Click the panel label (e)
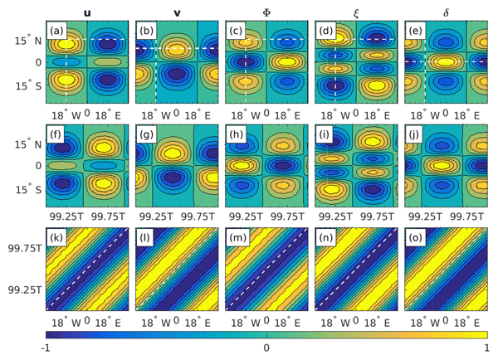click(417, 32)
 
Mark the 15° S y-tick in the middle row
click(27, 187)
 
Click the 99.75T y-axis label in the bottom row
click(22, 247)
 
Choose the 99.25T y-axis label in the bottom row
click(22, 290)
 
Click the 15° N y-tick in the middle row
click(27, 143)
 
